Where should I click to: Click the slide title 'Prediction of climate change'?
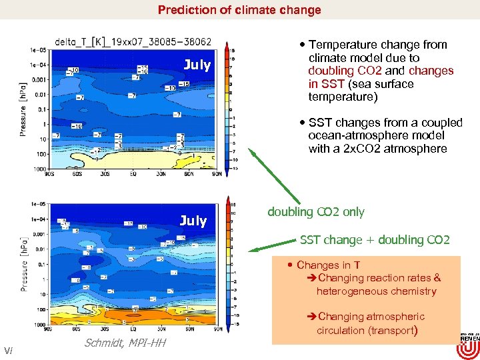pos(239,10)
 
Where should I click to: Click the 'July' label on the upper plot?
pos(197,65)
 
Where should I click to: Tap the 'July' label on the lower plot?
pos(193,221)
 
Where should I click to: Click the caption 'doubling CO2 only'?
pos(316,212)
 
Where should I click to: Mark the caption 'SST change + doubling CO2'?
pos(375,240)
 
